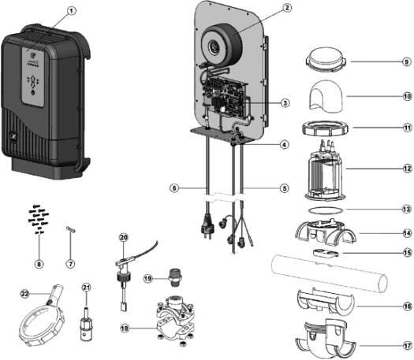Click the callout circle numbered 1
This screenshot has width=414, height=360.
pos(71,11)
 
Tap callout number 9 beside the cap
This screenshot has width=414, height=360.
pos(407,61)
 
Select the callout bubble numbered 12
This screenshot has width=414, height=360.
pos(408,169)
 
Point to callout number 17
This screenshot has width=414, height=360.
pos(408,346)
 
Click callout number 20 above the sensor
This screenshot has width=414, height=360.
pos(124,238)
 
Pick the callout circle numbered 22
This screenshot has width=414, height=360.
pos(24,294)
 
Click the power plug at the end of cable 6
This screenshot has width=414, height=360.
pos(207,230)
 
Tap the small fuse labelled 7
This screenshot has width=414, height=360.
pos(70,229)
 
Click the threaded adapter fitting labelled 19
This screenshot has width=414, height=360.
pos(175,277)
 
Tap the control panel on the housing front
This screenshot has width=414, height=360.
pos(33,76)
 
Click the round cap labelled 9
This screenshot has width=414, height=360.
pos(326,60)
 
